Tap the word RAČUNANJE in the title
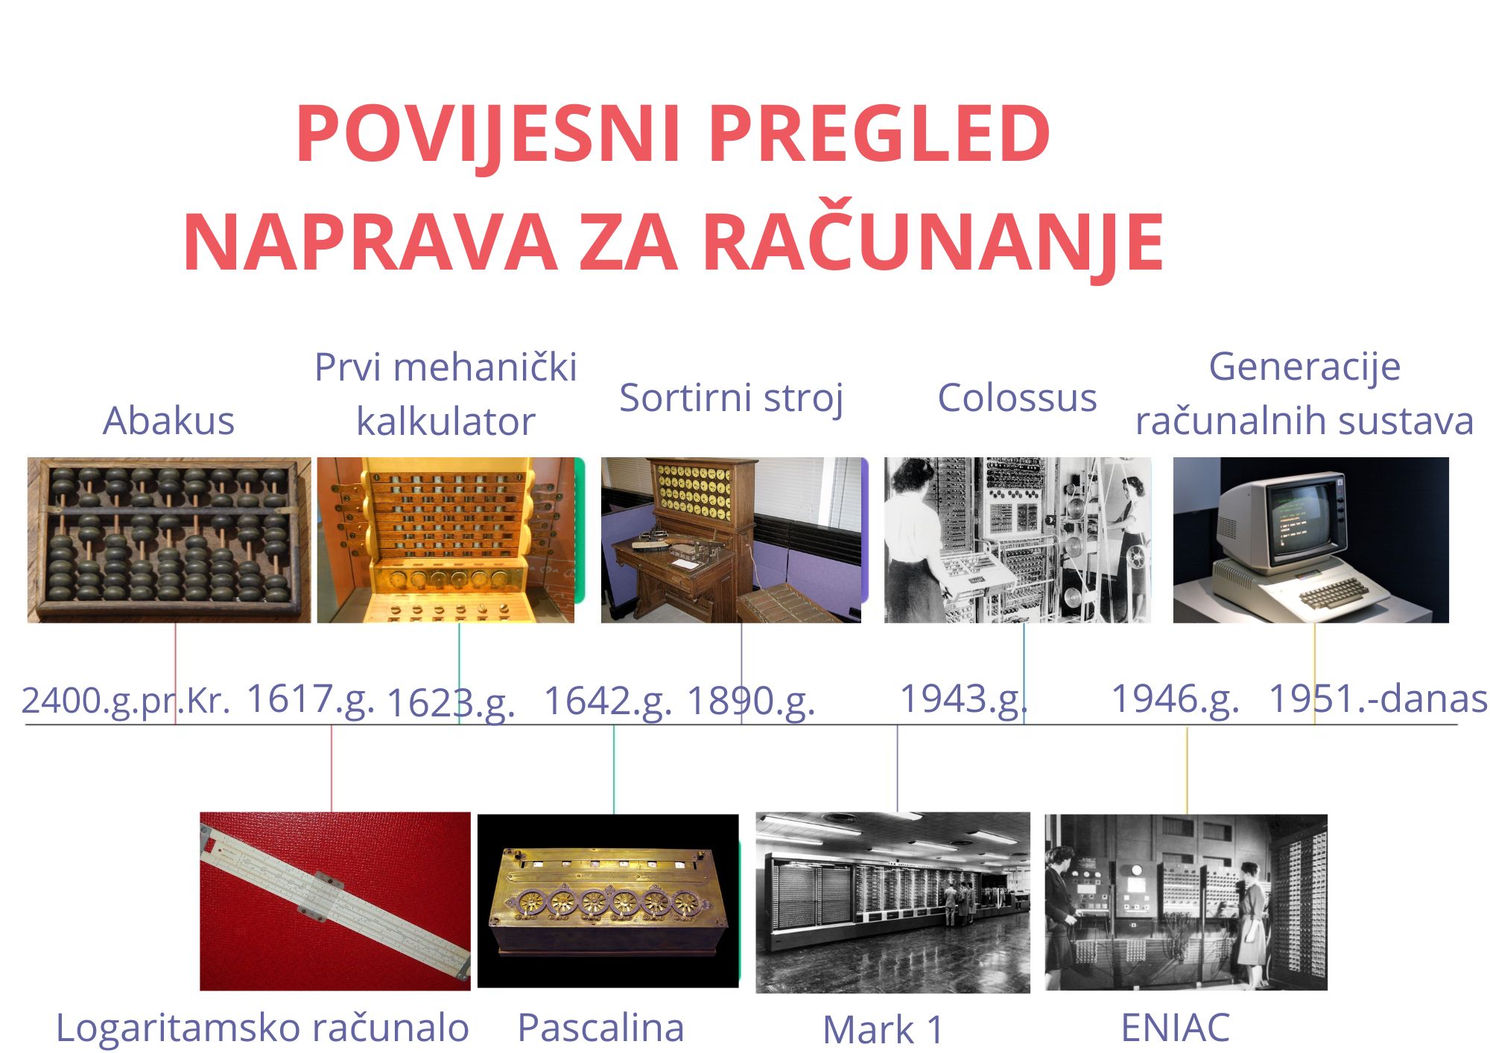[x=933, y=243]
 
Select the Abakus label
[x=168, y=421]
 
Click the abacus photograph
[x=169, y=540]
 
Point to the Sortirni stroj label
[x=732, y=398]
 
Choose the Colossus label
[x=1017, y=398]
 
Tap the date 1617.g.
[x=310, y=700]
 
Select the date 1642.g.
[x=608, y=702]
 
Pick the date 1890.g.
[x=751, y=702]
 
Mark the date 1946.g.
[x=1175, y=700]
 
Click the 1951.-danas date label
[x=1378, y=699]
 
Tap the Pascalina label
[x=600, y=1028]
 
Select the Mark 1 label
[x=883, y=1031]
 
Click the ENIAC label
[x=1175, y=1028]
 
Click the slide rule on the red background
[x=335, y=900]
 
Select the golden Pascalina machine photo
[x=608, y=901]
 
